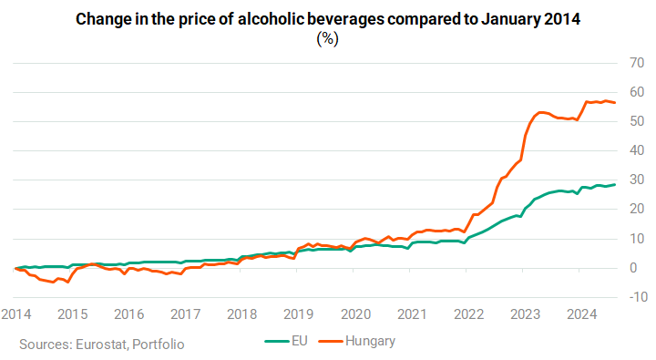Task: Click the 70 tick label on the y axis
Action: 637,63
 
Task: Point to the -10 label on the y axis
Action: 639,297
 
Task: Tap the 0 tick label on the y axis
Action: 633,267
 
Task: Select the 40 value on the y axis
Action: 637,150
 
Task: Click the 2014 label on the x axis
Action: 15,314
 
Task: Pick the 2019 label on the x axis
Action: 298,314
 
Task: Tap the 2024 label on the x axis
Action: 581,314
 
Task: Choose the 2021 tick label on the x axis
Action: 412,314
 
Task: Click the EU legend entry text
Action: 300,341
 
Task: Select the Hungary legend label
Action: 370,341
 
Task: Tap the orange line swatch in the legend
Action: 331,341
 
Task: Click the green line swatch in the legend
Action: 277,341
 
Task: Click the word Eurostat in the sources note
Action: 101,345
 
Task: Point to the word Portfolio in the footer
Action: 159,345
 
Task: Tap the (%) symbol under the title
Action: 328,39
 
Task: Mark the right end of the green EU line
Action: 615,185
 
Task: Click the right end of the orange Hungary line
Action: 615,103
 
